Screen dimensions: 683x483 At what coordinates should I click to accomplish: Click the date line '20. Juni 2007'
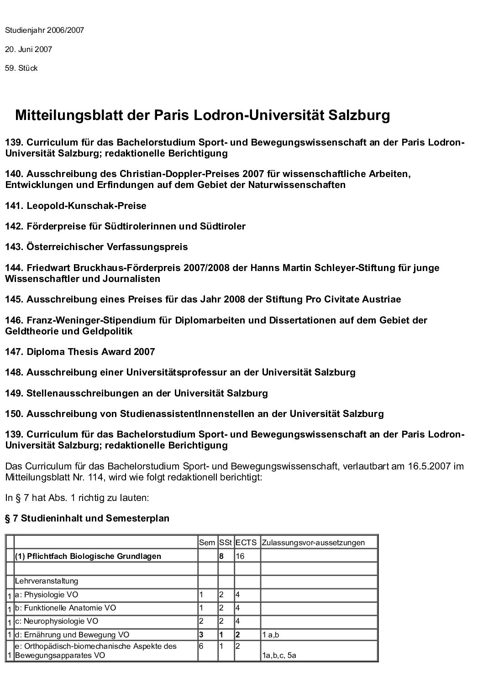(x=28, y=49)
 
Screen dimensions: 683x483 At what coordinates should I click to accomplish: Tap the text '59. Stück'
(x=21, y=68)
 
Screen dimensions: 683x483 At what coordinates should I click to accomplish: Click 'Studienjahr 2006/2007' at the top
(x=44, y=31)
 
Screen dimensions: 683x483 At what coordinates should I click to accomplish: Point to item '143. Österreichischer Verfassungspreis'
(x=96, y=247)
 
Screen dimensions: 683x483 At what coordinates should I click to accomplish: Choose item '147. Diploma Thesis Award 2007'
(x=80, y=352)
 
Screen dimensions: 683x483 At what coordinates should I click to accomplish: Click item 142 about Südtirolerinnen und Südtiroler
(x=125, y=226)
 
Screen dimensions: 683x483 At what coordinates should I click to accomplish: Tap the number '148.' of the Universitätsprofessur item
(x=14, y=372)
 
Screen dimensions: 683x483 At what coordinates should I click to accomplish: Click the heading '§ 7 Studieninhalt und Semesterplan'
(x=87, y=518)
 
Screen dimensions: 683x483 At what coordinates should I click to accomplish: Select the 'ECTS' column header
(x=246, y=542)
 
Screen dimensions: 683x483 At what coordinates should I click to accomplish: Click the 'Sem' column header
(x=207, y=542)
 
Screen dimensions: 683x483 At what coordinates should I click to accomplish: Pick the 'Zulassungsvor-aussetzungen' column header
(x=313, y=542)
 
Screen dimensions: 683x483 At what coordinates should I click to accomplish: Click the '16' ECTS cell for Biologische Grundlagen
(x=240, y=556)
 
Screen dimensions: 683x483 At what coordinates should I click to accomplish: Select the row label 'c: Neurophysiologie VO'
(x=57, y=621)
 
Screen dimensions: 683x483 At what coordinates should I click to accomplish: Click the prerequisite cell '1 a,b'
(x=271, y=635)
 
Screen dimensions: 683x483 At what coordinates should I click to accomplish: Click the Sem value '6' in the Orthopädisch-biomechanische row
(x=201, y=646)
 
